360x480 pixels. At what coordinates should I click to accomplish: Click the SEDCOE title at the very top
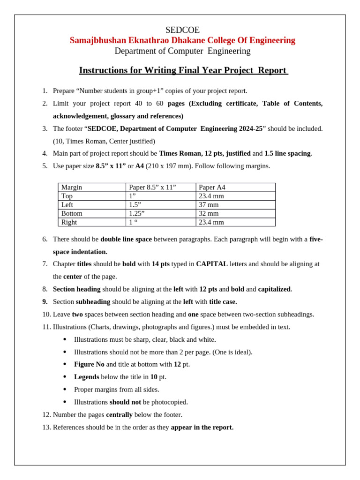click(x=182, y=30)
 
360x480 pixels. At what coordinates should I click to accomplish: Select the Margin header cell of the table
click(x=72, y=187)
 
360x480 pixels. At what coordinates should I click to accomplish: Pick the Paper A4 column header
click(x=212, y=187)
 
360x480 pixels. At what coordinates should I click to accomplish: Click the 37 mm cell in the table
click(x=209, y=205)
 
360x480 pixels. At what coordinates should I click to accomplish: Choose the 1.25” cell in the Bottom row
click(x=136, y=213)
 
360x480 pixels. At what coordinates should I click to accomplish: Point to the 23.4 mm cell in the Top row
click(x=211, y=196)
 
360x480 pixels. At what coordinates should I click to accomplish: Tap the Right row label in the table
click(x=69, y=222)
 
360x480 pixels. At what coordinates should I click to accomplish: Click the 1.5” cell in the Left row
click(x=135, y=205)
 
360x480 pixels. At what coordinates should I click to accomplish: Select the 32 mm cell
click(x=209, y=213)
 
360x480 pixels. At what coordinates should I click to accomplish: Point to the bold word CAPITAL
click(x=212, y=264)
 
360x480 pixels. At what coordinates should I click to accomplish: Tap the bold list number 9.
click(x=45, y=302)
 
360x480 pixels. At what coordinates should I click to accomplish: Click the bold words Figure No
click(x=89, y=364)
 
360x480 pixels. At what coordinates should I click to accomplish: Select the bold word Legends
click(x=86, y=377)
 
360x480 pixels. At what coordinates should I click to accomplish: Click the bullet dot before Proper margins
click(x=65, y=390)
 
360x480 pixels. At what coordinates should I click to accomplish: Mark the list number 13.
click(x=46, y=427)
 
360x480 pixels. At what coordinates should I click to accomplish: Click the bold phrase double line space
click(x=126, y=239)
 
